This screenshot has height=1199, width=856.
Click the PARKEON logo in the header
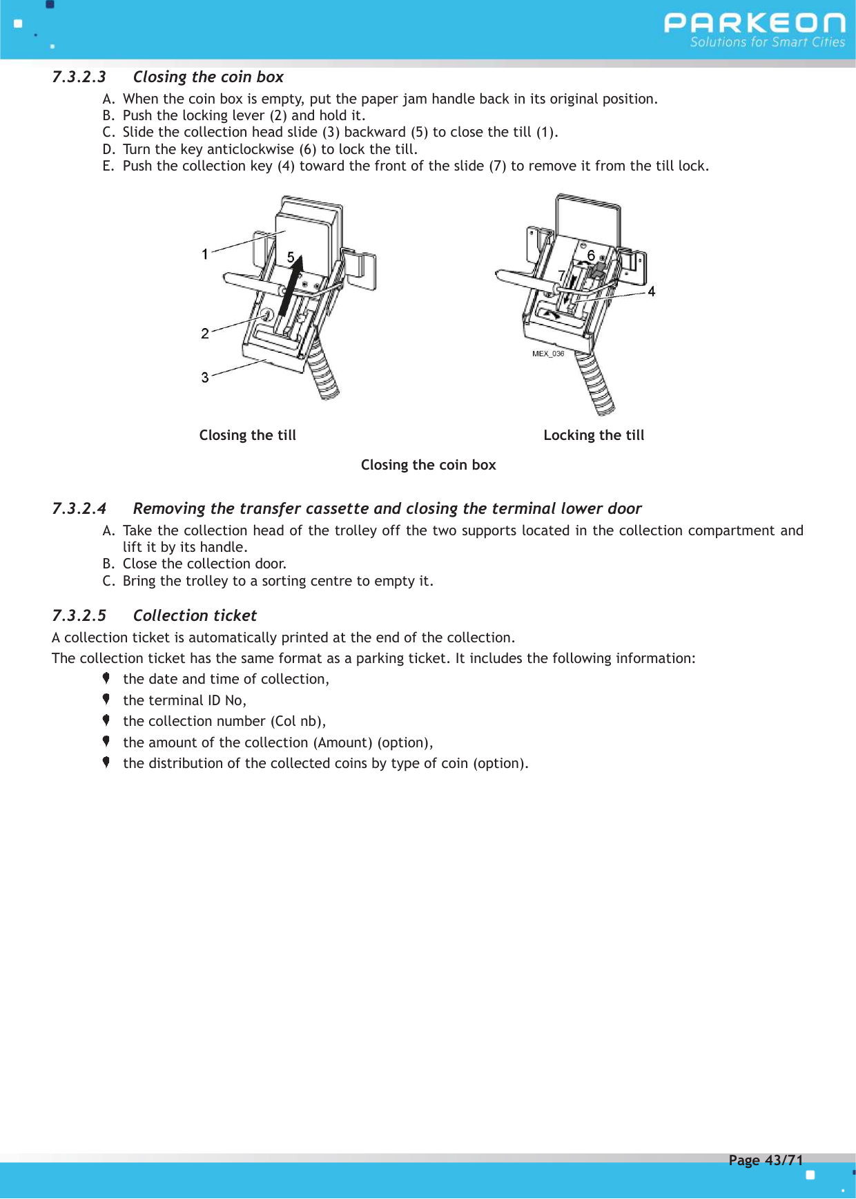coord(754,23)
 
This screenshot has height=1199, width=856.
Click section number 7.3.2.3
coord(79,77)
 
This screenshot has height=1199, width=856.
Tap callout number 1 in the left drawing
coord(205,254)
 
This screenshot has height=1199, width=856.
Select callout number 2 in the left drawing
coord(205,334)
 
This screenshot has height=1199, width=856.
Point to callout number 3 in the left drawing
coord(205,378)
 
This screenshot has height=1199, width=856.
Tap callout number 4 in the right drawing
coord(651,291)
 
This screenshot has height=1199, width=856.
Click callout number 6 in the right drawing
coord(591,256)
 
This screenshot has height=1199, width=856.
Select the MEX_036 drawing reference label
coord(548,354)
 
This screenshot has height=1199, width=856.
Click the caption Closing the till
coord(247,435)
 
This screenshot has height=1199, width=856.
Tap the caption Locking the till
coord(594,435)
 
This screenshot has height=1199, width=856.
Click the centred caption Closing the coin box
coord(428,465)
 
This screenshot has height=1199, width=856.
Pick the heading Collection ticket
coord(195,615)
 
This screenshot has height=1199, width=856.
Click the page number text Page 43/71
coord(766,1160)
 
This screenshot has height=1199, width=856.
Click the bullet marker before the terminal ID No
coord(106,700)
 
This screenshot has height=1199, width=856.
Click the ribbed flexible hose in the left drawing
coord(323,373)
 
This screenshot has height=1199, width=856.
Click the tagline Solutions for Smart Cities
coord(767,42)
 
